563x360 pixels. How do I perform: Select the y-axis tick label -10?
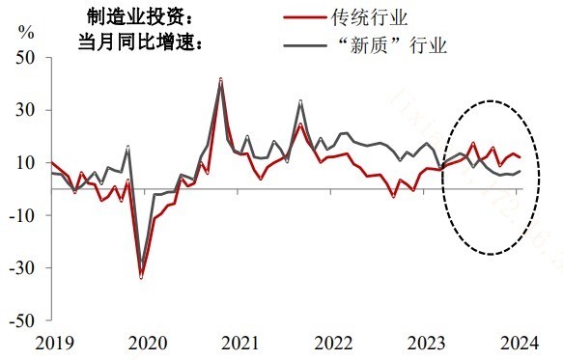click(22, 215)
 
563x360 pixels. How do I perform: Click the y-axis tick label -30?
click(22, 267)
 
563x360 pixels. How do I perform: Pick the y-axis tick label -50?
click(22, 319)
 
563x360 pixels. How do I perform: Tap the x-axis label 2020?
click(143, 343)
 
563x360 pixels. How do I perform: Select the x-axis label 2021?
click(237, 343)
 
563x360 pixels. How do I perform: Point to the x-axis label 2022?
click(329, 343)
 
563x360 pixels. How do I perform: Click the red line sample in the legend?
click(306, 17)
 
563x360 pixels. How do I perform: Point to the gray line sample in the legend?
click(306, 44)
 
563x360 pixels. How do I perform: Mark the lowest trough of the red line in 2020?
click(142, 278)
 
